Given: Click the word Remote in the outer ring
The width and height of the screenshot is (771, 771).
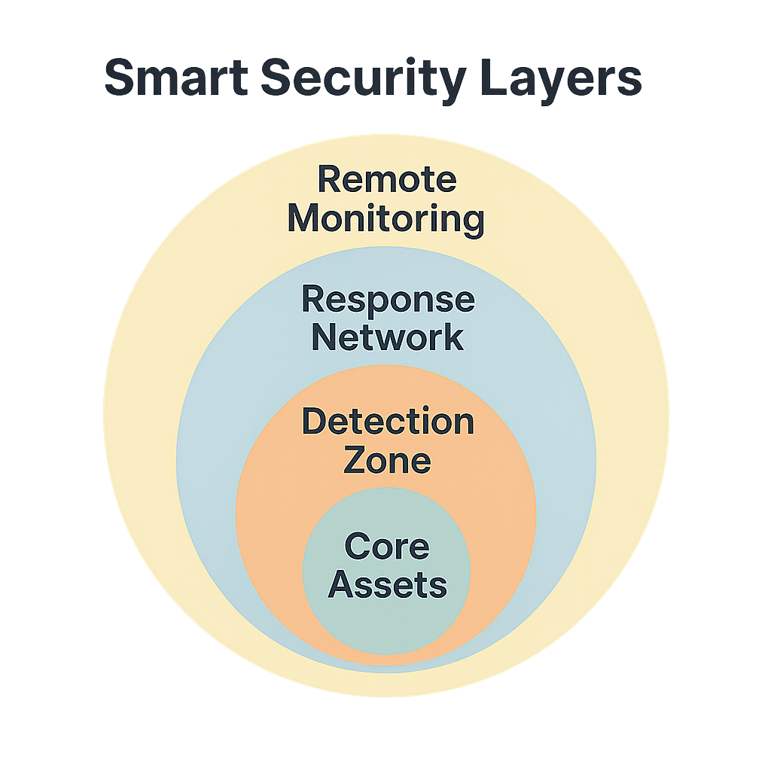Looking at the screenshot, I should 387,181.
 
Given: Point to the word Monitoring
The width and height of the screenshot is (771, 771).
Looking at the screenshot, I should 385,220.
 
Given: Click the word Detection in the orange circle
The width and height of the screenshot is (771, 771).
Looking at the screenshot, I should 388,422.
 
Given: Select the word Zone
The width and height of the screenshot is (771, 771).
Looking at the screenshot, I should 387,460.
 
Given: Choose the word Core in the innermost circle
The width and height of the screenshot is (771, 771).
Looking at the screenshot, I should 387,547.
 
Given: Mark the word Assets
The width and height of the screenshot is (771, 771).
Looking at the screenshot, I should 387,584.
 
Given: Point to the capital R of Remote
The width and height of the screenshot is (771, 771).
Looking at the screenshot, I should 328,181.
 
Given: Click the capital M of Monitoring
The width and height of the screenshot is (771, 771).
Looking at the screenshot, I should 304,219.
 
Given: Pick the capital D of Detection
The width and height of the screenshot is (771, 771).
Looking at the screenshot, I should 315,422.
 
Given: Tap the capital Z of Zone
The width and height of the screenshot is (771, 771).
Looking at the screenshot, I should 355,460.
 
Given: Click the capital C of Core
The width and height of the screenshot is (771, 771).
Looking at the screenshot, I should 357,547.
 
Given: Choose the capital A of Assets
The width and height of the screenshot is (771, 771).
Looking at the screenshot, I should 340,584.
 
